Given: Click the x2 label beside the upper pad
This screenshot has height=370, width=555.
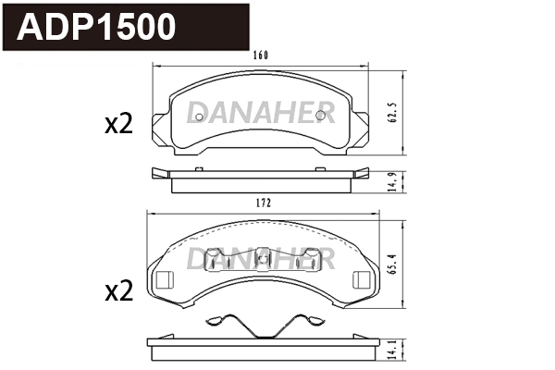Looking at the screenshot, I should point(118,125).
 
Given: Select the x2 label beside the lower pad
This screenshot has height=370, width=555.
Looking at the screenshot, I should point(118,291).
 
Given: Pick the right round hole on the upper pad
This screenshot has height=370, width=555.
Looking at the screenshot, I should point(321,115).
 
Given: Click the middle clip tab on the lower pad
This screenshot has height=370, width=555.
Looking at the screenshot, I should point(262,261).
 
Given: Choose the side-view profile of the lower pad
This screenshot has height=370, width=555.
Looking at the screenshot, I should point(264,346).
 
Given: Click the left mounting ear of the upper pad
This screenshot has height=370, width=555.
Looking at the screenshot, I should point(161,125).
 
